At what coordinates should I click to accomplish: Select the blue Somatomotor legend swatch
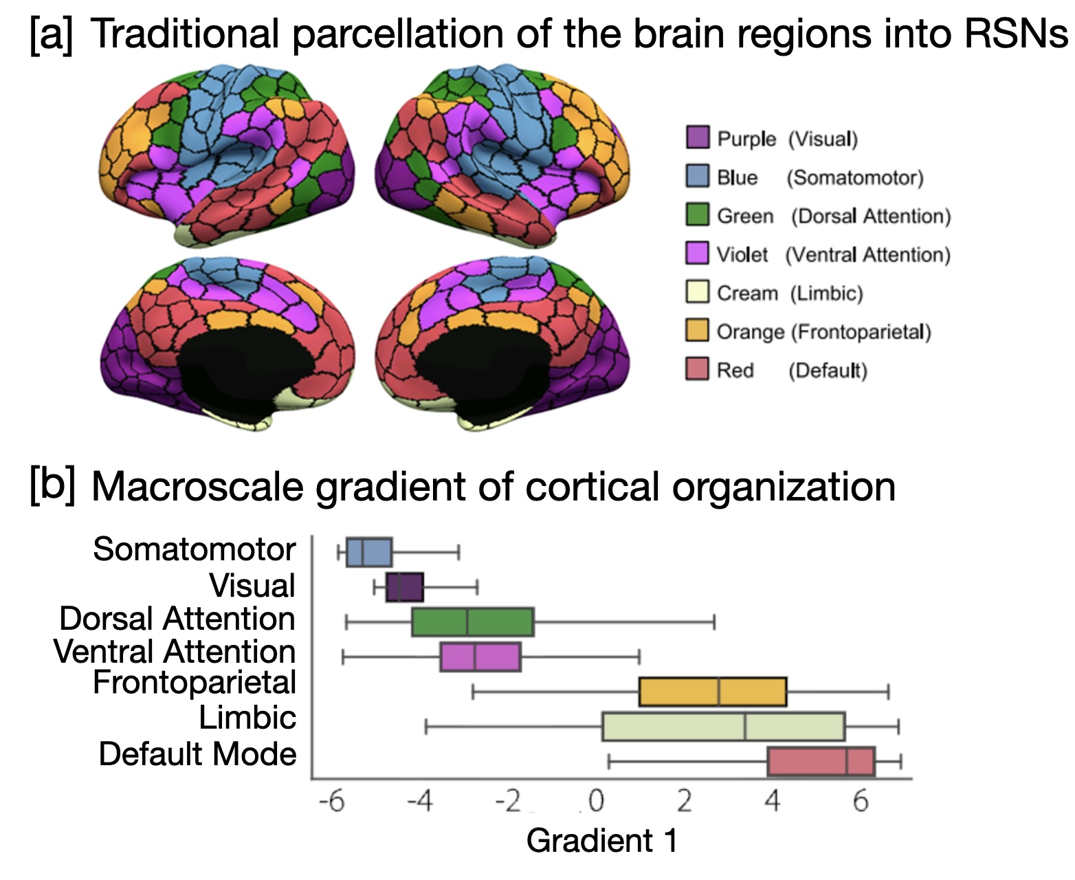[697, 176]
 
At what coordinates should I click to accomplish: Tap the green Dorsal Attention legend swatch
[697, 214]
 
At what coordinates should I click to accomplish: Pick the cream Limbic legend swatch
[697, 291]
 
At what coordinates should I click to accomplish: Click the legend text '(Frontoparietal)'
[861, 332]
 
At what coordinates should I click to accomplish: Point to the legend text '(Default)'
[828, 371]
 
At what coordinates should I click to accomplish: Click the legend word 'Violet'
[742, 254]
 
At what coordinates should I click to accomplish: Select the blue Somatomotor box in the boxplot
[369, 552]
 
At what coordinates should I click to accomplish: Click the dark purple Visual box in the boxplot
[405, 586]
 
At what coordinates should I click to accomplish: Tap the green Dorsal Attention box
[473, 622]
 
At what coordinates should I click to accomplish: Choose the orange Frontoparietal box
[712, 692]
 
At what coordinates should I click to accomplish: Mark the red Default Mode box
[821, 761]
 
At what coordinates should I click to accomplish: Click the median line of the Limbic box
[744, 727]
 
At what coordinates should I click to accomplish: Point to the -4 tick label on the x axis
[419, 802]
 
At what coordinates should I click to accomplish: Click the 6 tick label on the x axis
[861, 802]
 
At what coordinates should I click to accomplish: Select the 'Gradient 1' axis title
[601, 841]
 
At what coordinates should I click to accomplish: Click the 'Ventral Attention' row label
[175, 651]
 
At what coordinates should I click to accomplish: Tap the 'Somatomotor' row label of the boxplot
[194, 549]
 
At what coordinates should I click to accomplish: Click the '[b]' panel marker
[52, 485]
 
